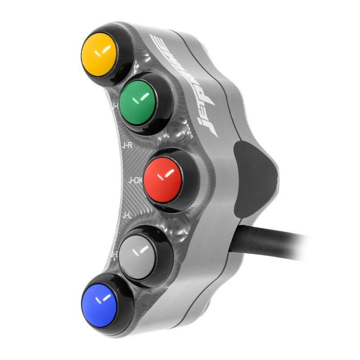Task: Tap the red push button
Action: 163,178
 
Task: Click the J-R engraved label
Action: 127,145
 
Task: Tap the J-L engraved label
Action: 127,216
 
